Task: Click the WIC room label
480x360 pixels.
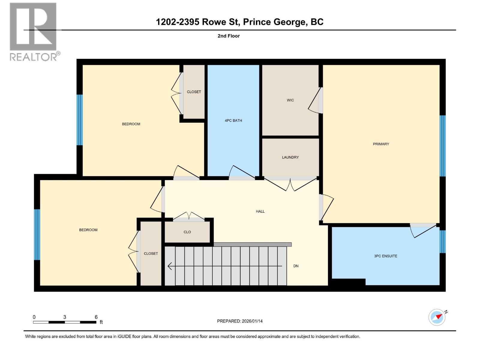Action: (x=290, y=100)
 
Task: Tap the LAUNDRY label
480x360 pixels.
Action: (x=290, y=157)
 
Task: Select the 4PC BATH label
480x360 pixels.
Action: (x=233, y=121)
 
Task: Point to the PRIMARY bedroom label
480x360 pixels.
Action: (x=381, y=144)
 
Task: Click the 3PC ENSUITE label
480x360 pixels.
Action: (x=385, y=256)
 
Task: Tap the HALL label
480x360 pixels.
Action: (x=260, y=211)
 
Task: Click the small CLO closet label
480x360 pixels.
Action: (x=187, y=232)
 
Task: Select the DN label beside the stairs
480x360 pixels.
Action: (x=296, y=266)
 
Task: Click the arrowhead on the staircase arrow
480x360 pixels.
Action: (x=169, y=266)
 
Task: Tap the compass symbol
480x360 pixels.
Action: (x=437, y=317)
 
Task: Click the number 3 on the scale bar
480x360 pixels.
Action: (x=64, y=317)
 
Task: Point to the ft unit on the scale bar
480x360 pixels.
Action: (x=101, y=322)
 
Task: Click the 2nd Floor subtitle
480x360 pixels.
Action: (x=229, y=36)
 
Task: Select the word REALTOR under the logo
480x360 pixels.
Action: (x=33, y=57)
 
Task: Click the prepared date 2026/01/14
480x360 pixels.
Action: (x=252, y=321)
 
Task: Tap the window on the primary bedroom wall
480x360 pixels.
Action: (x=442, y=146)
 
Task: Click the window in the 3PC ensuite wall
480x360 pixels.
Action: (x=442, y=241)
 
